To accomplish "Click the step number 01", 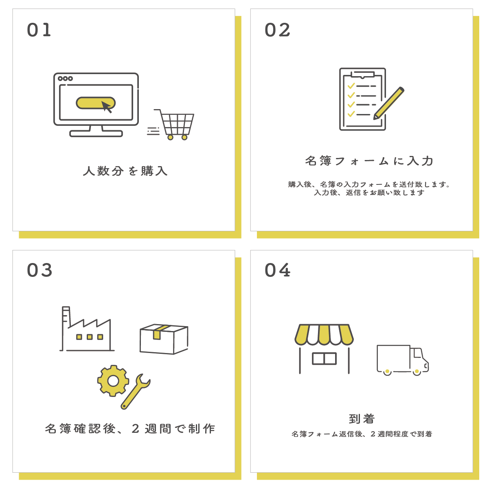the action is pyautogui.click(x=39, y=30).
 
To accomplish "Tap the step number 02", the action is pyautogui.click(x=277, y=30).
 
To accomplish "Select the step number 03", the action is pyautogui.click(x=39, y=270).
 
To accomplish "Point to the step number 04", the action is pyautogui.click(x=277, y=270).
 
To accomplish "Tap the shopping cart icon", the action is pyautogui.click(x=174, y=124).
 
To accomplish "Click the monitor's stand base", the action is pyautogui.click(x=96, y=134).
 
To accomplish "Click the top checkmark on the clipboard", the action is pyautogui.click(x=351, y=86).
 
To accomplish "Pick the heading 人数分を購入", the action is pyautogui.click(x=125, y=171).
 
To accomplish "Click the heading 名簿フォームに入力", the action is pyautogui.click(x=369, y=161).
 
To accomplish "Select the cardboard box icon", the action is pyautogui.click(x=164, y=339).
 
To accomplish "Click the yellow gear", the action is pyautogui.click(x=113, y=381).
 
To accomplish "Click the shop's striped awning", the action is pyautogui.click(x=324, y=335).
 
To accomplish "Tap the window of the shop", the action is pyautogui.click(x=324, y=359).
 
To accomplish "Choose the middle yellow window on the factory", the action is pyautogui.click(x=90, y=337).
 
